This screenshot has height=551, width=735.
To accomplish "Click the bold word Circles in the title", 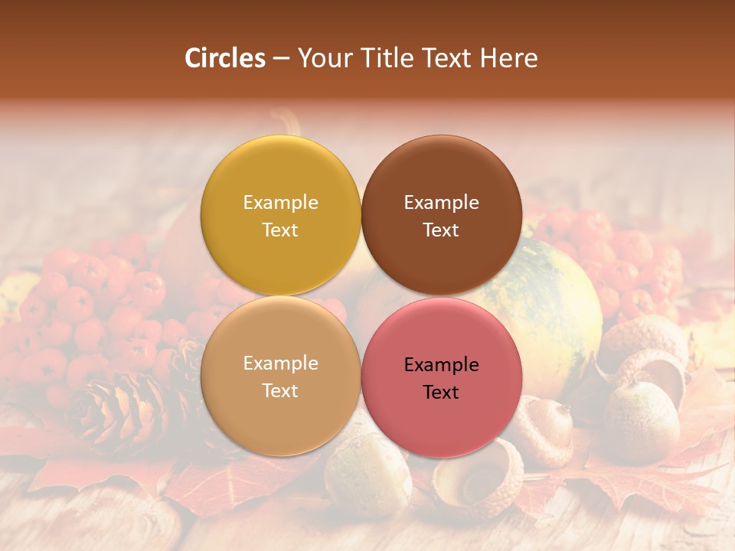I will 224,58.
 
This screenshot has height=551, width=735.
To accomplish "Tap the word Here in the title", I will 509,58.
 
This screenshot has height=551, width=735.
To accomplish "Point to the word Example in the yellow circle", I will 280,202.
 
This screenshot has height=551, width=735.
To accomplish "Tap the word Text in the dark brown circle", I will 441,230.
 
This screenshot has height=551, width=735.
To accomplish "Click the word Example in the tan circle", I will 280,363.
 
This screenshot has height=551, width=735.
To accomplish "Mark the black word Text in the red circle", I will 441,392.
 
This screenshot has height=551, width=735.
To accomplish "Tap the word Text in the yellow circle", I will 280,230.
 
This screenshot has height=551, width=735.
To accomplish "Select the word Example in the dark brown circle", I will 441,202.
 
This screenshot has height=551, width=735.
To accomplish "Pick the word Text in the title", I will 448,58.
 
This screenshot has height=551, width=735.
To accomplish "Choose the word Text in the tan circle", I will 280,390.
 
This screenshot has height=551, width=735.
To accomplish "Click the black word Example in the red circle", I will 441,364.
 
